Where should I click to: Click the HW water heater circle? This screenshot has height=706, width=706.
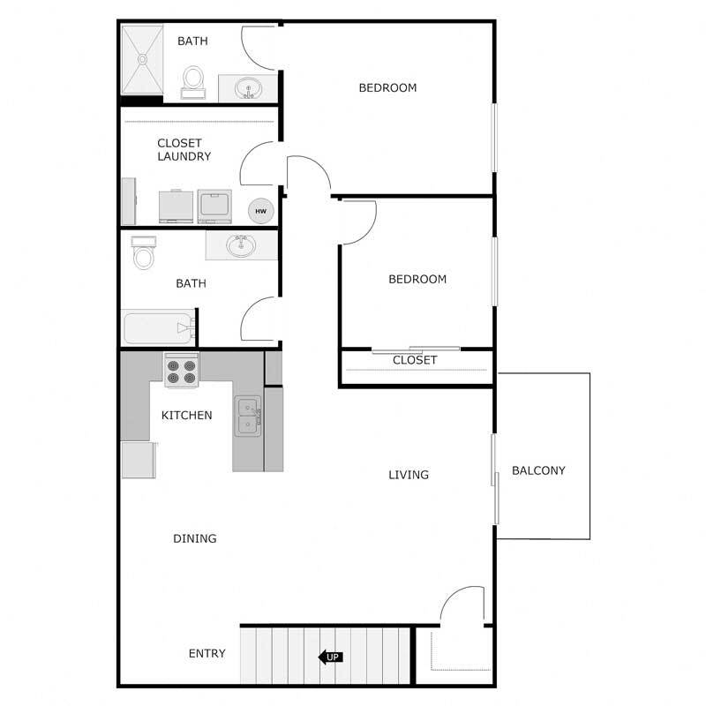pyautogui.click(x=260, y=211)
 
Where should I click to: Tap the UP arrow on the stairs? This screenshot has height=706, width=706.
pyautogui.click(x=330, y=657)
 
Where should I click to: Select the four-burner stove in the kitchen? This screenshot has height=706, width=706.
pyautogui.click(x=181, y=369)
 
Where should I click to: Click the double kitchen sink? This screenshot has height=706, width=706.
pyautogui.click(x=248, y=417)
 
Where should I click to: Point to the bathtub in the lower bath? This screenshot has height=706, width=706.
pyautogui.click(x=159, y=327)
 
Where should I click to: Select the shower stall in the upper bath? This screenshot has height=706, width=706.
pyautogui.click(x=141, y=59)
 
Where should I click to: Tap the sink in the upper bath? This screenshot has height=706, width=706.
pyautogui.click(x=249, y=88)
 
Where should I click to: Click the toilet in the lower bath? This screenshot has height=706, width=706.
pyautogui.click(x=143, y=253)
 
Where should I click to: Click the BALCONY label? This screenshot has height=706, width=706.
pyautogui.click(x=538, y=470)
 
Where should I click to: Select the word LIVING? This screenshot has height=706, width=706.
pyautogui.click(x=409, y=475)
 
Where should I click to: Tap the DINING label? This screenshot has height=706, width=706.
pyautogui.click(x=194, y=538)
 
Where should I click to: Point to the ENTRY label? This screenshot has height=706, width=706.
pyautogui.click(x=207, y=654)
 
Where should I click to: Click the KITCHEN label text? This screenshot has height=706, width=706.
pyautogui.click(x=186, y=415)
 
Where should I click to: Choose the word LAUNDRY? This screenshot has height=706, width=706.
pyautogui.click(x=184, y=156)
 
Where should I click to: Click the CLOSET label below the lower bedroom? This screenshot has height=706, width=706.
pyautogui.click(x=415, y=360)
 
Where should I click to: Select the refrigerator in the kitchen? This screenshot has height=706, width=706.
pyautogui.click(x=138, y=460)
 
